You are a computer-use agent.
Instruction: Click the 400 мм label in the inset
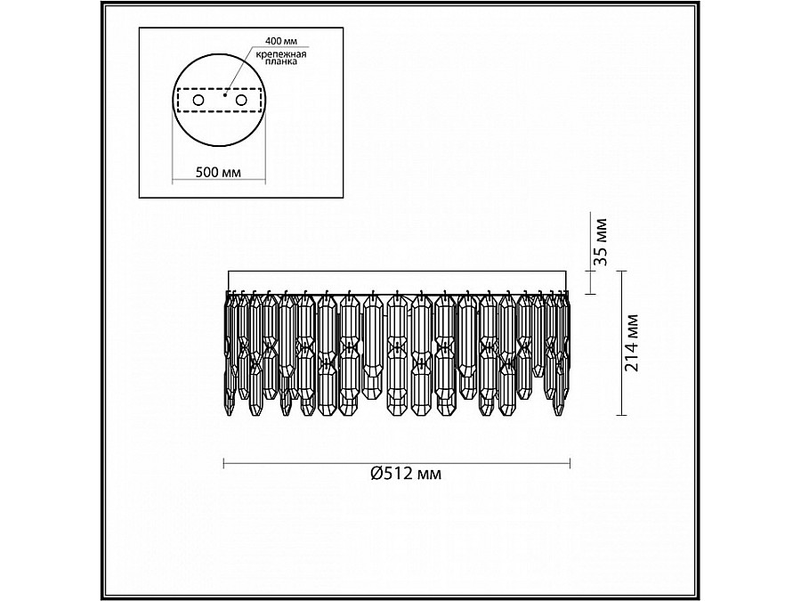click(281, 40)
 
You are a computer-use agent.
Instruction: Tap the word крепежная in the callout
click(281, 53)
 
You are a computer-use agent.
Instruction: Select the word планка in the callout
click(281, 61)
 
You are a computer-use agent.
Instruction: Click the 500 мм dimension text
click(218, 172)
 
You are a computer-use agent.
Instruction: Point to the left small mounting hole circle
click(198, 100)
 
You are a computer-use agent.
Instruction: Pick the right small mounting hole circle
click(240, 100)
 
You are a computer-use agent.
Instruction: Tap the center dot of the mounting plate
click(224, 94)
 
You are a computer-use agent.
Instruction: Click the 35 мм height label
click(602, 241)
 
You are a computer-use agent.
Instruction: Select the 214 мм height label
click(632, 343)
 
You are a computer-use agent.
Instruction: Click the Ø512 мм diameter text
click(406, 474)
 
